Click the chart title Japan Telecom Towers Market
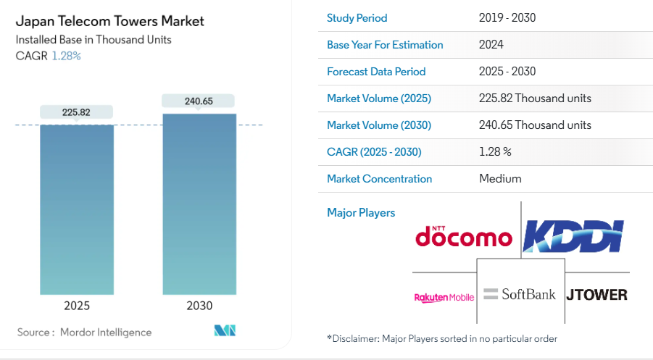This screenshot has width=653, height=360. point(109,21)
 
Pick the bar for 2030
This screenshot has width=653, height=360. point(199,203)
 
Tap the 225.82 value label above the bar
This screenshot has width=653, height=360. point(77,112)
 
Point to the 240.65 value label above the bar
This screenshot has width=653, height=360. point(199,101)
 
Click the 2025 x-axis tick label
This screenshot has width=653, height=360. point(77,306)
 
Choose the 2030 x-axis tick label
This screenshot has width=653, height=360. point(199,306)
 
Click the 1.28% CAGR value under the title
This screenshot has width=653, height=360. point(67,56)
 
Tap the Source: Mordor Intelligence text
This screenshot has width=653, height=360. point(85,332)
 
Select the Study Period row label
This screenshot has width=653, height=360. point(357,18)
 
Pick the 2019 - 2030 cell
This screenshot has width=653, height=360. point(507,18)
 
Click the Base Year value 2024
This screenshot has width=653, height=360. point(491,45)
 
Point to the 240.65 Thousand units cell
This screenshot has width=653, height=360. point(535,125)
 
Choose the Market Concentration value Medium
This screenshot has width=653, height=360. point(500,179)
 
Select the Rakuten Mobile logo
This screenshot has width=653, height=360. point(444,297)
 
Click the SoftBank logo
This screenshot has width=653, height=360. point(520,294)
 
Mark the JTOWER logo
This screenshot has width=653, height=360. point(596,295)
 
